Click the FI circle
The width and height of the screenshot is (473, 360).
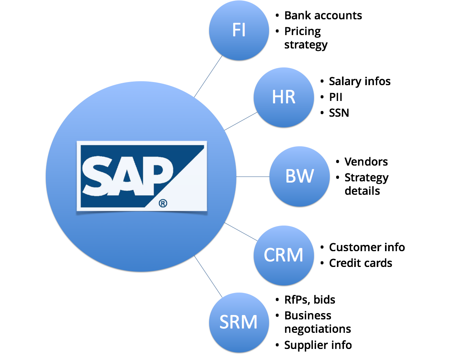pos(239,30)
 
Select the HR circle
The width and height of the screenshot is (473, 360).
pos(284,97)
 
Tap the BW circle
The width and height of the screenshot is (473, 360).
pos(299,176)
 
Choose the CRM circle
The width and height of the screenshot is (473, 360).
pos(284,255)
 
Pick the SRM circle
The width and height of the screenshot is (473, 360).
pos(239,322)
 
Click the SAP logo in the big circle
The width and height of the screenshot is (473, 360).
pos(142,176)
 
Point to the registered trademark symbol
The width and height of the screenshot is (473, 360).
pos(163,203)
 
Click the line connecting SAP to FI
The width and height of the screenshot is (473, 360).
pos(208,76)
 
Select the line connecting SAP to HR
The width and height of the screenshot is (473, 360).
pos(241,121)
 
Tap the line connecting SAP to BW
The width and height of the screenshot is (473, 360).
pos(252,177)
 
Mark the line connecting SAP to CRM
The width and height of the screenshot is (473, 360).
pos(241,231)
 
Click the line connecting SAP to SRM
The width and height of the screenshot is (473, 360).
pos(208,276)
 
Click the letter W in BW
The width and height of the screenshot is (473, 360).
pos(306,176)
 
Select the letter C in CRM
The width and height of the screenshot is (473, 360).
pos(270,256)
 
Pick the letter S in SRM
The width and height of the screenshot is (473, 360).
pos(224,323)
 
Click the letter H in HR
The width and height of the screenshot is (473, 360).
pos(278,97)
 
